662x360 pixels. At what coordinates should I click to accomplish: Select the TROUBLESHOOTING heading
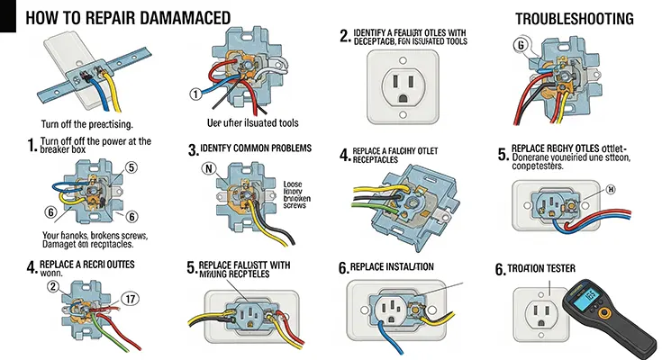click(574, 18)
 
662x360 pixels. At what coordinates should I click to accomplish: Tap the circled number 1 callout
click(194, 94)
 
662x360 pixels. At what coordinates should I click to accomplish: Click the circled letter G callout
click(520, 46)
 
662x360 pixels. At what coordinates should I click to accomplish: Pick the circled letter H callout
click(610, 190)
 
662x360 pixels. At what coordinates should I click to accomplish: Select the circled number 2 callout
click(53, 287)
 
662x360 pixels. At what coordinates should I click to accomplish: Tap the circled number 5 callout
click(131, 166)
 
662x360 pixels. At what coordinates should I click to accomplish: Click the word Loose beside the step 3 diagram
click(294, 180)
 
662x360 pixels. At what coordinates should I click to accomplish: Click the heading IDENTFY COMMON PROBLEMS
click(255, 148)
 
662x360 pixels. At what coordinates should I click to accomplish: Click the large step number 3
click(191, 148)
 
